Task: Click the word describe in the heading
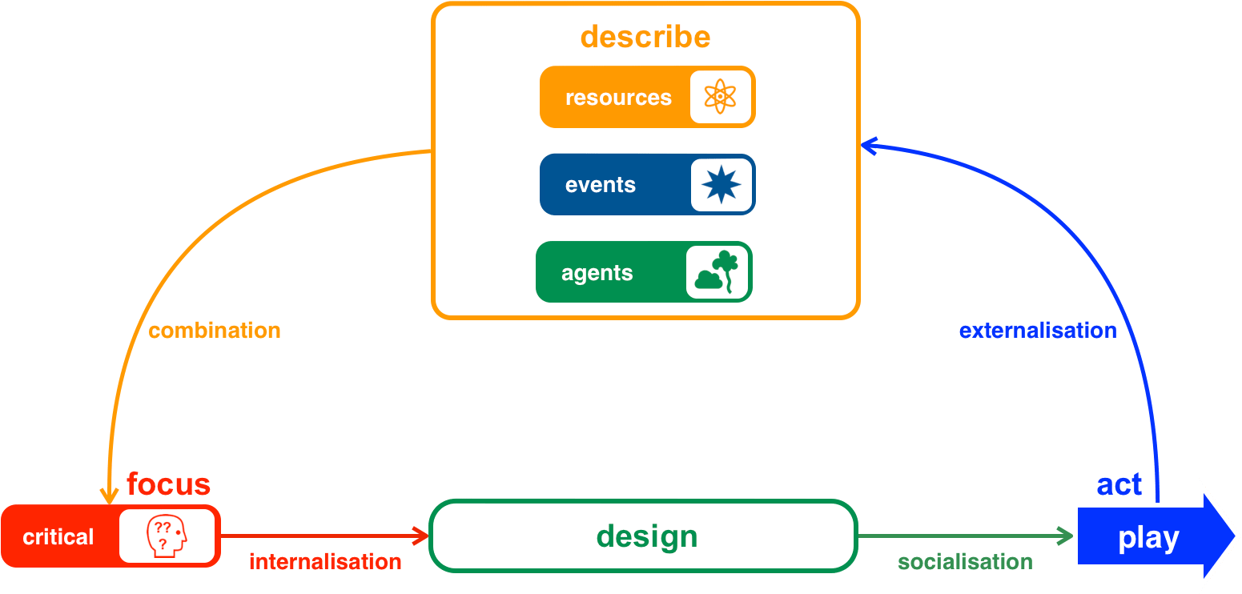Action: click(645, 37)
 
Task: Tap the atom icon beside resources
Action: click(721, 97)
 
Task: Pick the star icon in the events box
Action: click(721, 185)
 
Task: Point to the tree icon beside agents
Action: click(717, 272)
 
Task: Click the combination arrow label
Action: click(215, 331)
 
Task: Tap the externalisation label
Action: click(1037, 331)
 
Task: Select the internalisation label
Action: click(325, 562)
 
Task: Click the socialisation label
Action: click(965, 562)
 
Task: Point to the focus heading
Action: click(168, 484)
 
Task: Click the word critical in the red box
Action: click(58, 537)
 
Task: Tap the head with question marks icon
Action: click(167, 536)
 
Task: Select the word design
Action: click(647, 536)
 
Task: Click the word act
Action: click(1119, 484)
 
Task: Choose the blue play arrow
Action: click(1148, 538)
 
